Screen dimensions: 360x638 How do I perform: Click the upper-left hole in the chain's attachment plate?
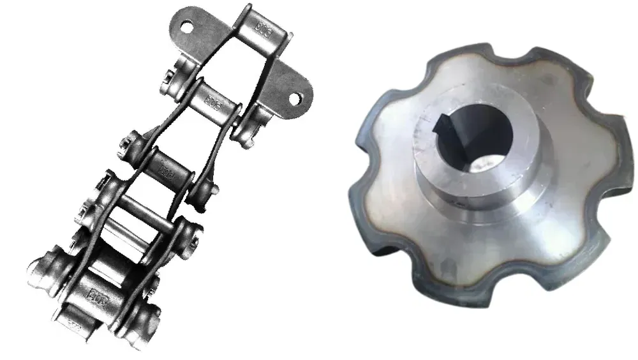click(x=187, y=28)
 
